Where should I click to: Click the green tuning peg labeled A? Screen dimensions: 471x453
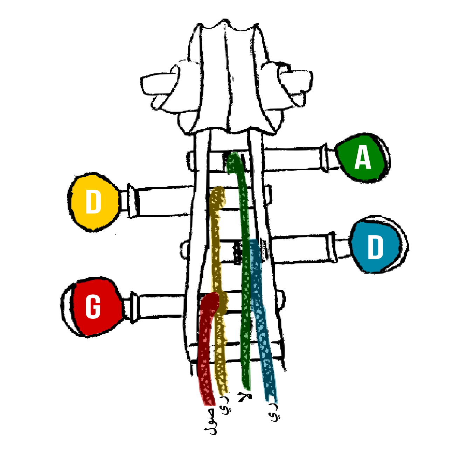tap(362, 157)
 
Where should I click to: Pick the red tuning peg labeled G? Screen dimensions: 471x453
tap(95, 307)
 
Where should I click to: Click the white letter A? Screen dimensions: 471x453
tap(363, 157)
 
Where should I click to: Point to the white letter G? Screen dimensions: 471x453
tap(93, 307)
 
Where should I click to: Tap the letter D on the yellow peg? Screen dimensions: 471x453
tap(93, 202)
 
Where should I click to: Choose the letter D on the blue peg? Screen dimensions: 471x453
tap(376, 247)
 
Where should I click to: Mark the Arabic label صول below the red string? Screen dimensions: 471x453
tap(211, 421)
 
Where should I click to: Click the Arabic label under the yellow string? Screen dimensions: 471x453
tap(225, 405)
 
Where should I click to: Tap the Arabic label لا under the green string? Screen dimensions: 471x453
tap(245, 397)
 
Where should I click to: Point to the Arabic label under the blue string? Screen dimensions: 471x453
tap(274, 412)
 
